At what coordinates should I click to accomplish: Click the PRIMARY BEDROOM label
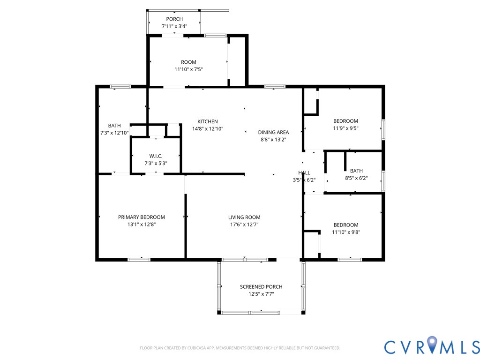pyautogui.click(x=142, y=217)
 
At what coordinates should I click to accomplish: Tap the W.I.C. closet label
pyautogui.click(x=156, y=156)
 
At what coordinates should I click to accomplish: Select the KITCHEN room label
pyautogui.click(x=208, y=121)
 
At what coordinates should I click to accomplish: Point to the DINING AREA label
pyautogui.click(x=273, y=132)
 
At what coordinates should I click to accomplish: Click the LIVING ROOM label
pyautogui.click(x=244, y=217)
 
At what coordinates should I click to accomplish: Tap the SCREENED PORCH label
pyautogui.click(x=261, y=286)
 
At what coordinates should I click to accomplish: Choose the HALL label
pyautogui.click(x=304, y=172)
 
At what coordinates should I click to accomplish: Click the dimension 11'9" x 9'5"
pyautogui.click(x=345, y=128)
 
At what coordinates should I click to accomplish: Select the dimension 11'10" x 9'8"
pyautogui.click(x=346, y=232)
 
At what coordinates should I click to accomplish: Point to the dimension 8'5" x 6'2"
pyautogui.click(x=356, y=178)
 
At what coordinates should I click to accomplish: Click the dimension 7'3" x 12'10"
pyautogui.click(x=114, y=133)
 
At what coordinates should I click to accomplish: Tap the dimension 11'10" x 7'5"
pyautogui.click(x=188, y=69)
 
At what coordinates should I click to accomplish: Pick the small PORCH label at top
pyautogui.click(x=174, y=19)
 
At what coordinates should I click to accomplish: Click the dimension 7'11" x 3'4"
pyautogui.click(x=174, y=26)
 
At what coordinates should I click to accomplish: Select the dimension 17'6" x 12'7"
pyautogui.click(x=244, y=225)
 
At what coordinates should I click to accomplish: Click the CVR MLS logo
pyautogui.click(x=432, y=345)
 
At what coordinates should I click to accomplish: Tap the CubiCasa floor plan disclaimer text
pyautogui.click(x=240, y=348)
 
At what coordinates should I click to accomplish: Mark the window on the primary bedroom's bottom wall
pyautogui.click(x=139, y=260)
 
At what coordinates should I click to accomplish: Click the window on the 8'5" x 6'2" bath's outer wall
pyautogui.click(x=383, y=181)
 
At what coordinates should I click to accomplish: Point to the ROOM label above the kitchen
pyautogui.click(x=188, y=62)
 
